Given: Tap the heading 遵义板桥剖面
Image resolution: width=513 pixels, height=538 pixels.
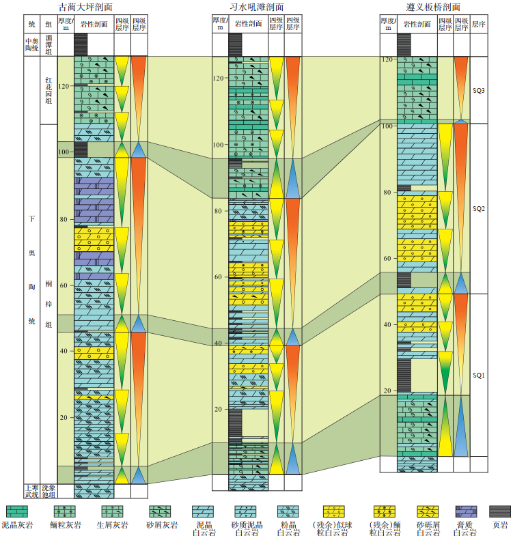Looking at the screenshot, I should tap(428, 8).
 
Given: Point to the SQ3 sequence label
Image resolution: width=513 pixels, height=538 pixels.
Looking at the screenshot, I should tap(478, 90).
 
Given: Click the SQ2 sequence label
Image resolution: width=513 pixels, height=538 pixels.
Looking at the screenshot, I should tap(478, 209).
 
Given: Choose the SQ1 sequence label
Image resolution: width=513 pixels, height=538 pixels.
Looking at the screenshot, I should tap(478, 375).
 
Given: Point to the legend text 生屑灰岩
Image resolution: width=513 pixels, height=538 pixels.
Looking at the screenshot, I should tap(112, 524).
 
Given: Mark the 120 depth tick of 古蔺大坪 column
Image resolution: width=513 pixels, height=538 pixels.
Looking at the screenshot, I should tap(66, 86).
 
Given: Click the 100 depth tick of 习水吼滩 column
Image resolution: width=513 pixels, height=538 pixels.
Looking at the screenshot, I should tap(219, 145).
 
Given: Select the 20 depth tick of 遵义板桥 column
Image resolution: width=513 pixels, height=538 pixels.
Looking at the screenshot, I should tap(387, 391).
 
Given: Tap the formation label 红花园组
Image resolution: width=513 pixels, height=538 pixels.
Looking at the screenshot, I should tap(48, 89).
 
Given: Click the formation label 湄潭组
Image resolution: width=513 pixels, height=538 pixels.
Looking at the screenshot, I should tap(48, 44).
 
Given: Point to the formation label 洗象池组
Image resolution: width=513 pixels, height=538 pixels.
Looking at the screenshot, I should tap(48, 491).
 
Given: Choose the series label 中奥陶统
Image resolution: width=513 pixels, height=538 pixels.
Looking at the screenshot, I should tap(31, 44).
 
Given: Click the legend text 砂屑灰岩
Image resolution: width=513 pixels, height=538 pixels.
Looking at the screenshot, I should tap(163, 524).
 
